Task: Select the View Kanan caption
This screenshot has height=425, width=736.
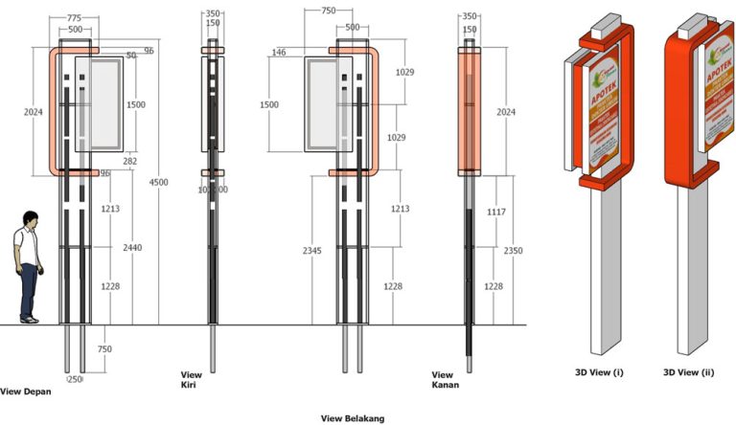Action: click(x=444, y=380)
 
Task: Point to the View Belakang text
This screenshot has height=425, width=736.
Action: click(x=352, y=418)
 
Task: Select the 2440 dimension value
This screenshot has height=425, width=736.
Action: click(x=133, y=248)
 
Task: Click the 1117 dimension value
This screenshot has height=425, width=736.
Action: click(x=494, y=211)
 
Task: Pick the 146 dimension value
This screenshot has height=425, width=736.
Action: click(x=281, y=53)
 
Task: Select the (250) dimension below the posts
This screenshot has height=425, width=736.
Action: click(x=75, y=380)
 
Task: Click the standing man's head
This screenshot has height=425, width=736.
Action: click(x=31, y=219)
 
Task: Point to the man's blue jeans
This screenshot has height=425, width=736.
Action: click(x=31, y=289)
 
